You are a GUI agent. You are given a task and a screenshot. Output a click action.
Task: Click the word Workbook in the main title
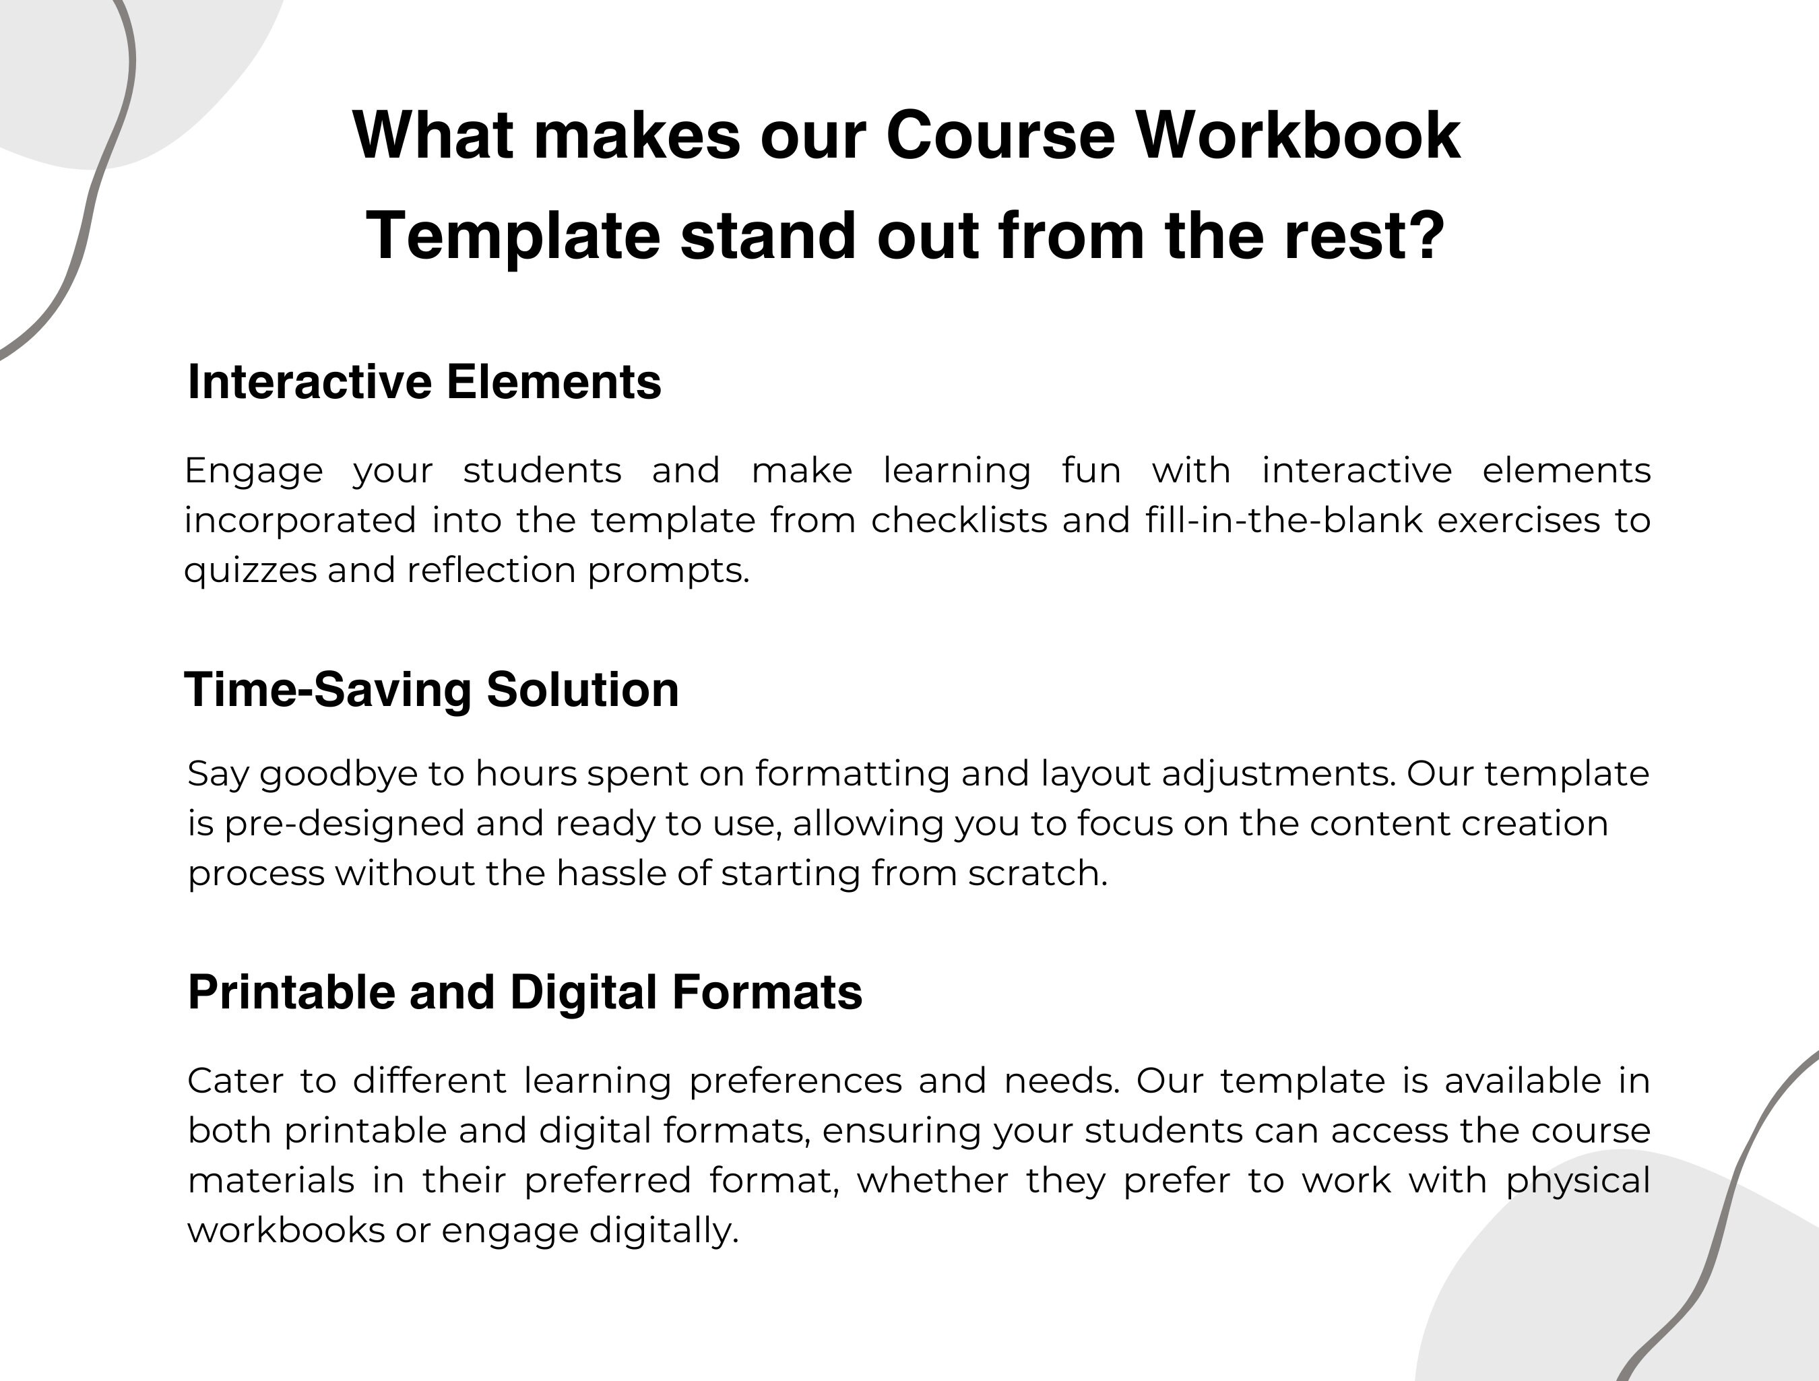coord(1298,135)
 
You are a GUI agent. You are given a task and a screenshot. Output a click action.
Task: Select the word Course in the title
coord(1000,135)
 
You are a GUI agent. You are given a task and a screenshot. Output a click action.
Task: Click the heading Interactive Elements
coord(424,383)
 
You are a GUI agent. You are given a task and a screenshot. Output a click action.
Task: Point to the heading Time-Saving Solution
coord(432,689)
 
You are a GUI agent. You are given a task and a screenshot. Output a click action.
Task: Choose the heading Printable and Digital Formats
coord(525,992)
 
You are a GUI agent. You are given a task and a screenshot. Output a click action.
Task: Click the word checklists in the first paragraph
coord(959,521)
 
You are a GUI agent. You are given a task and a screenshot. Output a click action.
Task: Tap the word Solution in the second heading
coord(582,689)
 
